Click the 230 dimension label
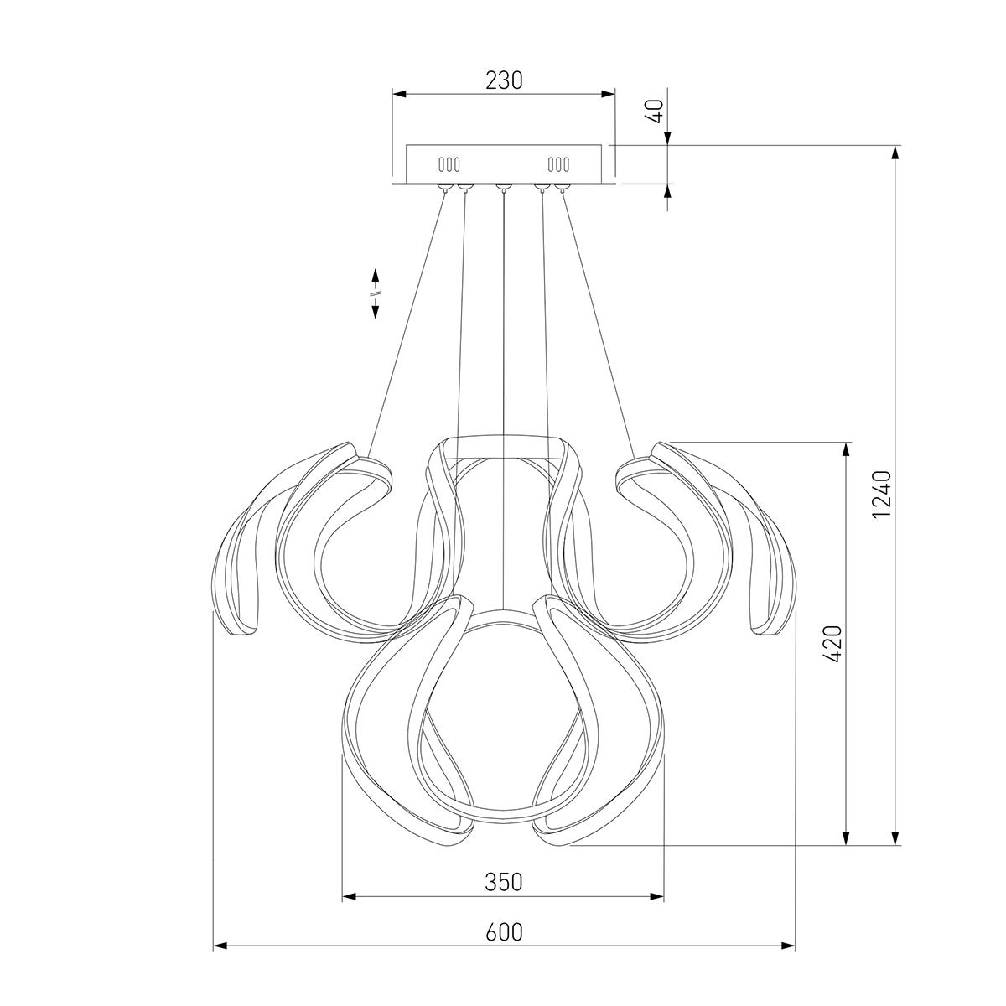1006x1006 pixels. click(x=504, y=80)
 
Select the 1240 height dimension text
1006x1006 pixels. click(x=881, y=494)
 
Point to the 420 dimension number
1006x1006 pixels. click(x=833, y=644)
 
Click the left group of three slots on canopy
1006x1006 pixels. click(x=449, y=165)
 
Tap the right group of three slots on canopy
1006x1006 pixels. click(x=558, y=165)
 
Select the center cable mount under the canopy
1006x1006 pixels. click(x=503, y=188)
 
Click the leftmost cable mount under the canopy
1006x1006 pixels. click(x=445, y=188)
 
